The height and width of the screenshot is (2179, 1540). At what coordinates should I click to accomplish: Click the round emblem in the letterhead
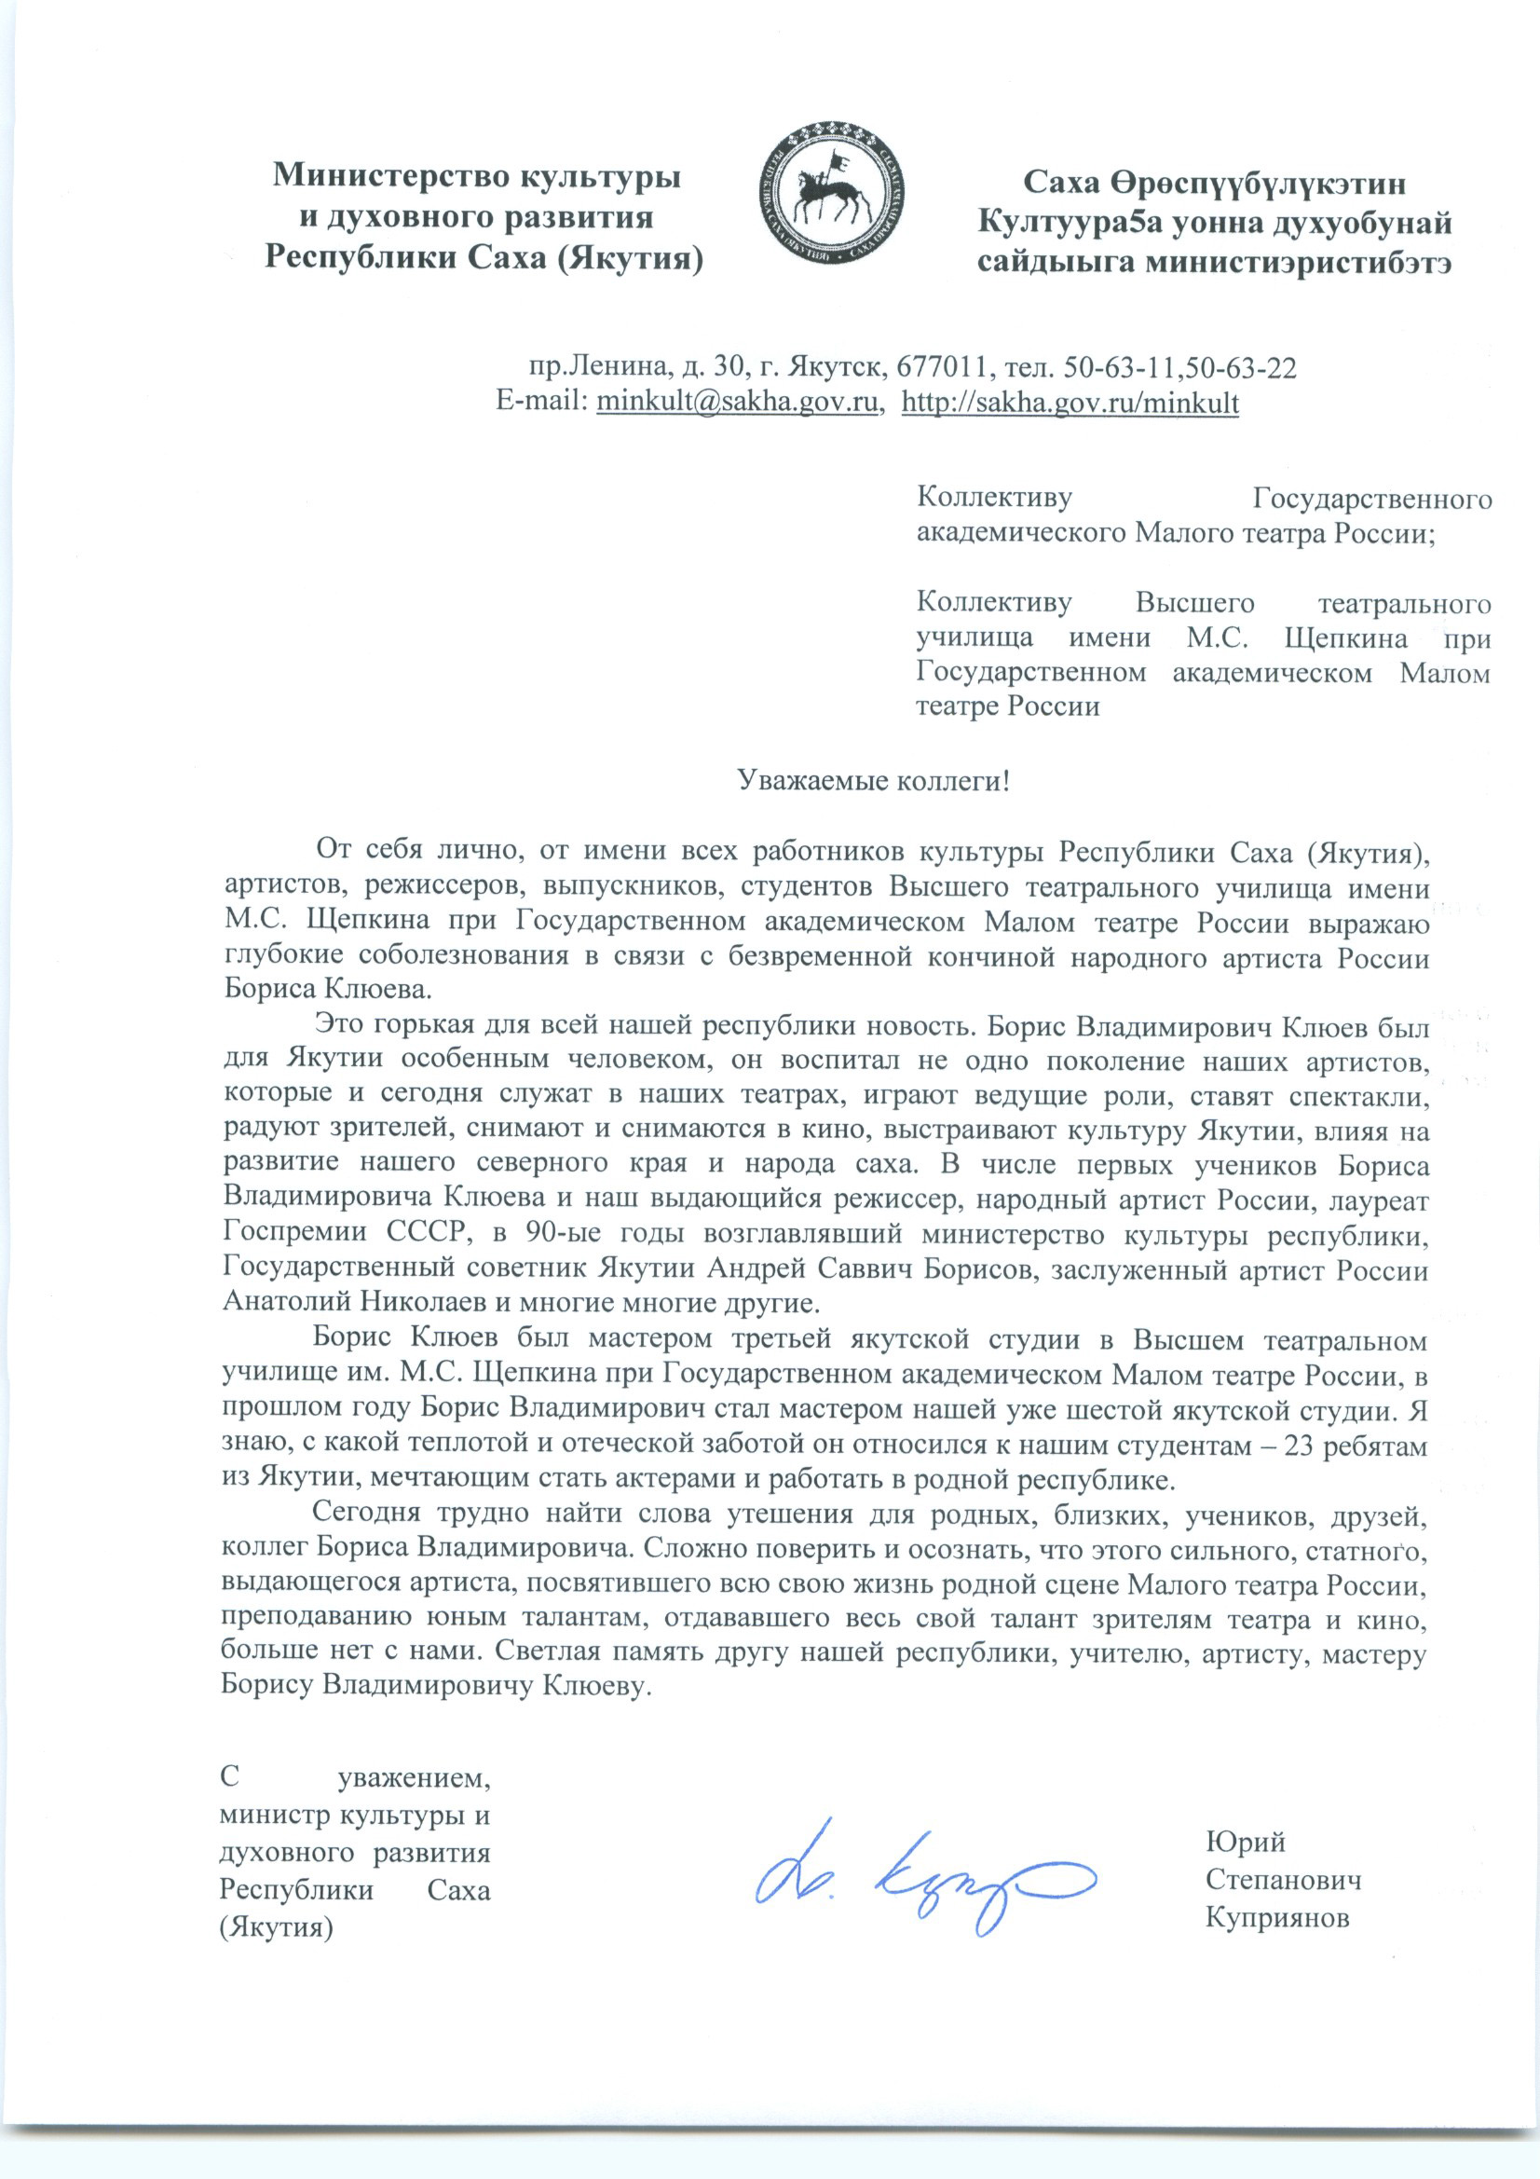[833, 193]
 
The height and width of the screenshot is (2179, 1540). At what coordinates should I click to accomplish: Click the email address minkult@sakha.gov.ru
[735, 403]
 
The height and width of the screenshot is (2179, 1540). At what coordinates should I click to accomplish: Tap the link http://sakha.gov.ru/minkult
[1070, 403]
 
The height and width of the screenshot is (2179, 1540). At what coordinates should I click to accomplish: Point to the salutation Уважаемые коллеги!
[874, 781]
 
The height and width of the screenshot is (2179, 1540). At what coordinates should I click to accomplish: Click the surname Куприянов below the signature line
[1276, 1918]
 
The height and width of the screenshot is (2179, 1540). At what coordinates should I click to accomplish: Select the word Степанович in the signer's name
[1283, 1880]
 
